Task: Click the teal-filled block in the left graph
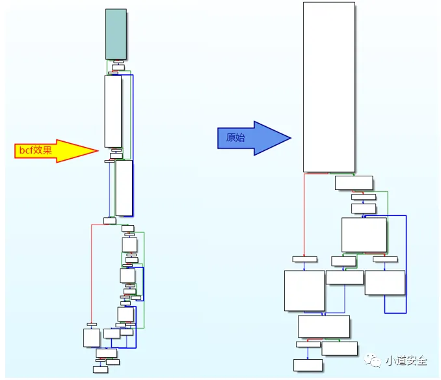point(116,34)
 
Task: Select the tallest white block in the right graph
point(329,87)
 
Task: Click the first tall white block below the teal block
point(113,111)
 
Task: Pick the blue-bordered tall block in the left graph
point(124,188)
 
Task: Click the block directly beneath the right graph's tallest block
point(354,183)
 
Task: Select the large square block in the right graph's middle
point(364,235)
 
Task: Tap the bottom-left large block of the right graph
point(304,291)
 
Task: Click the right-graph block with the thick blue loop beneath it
point(384,282)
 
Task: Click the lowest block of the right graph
point(308,364)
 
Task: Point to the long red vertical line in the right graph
point(304,215)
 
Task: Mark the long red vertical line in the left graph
point(92,273)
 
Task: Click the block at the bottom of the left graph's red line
point(92,337)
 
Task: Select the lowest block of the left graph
point(100,370)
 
